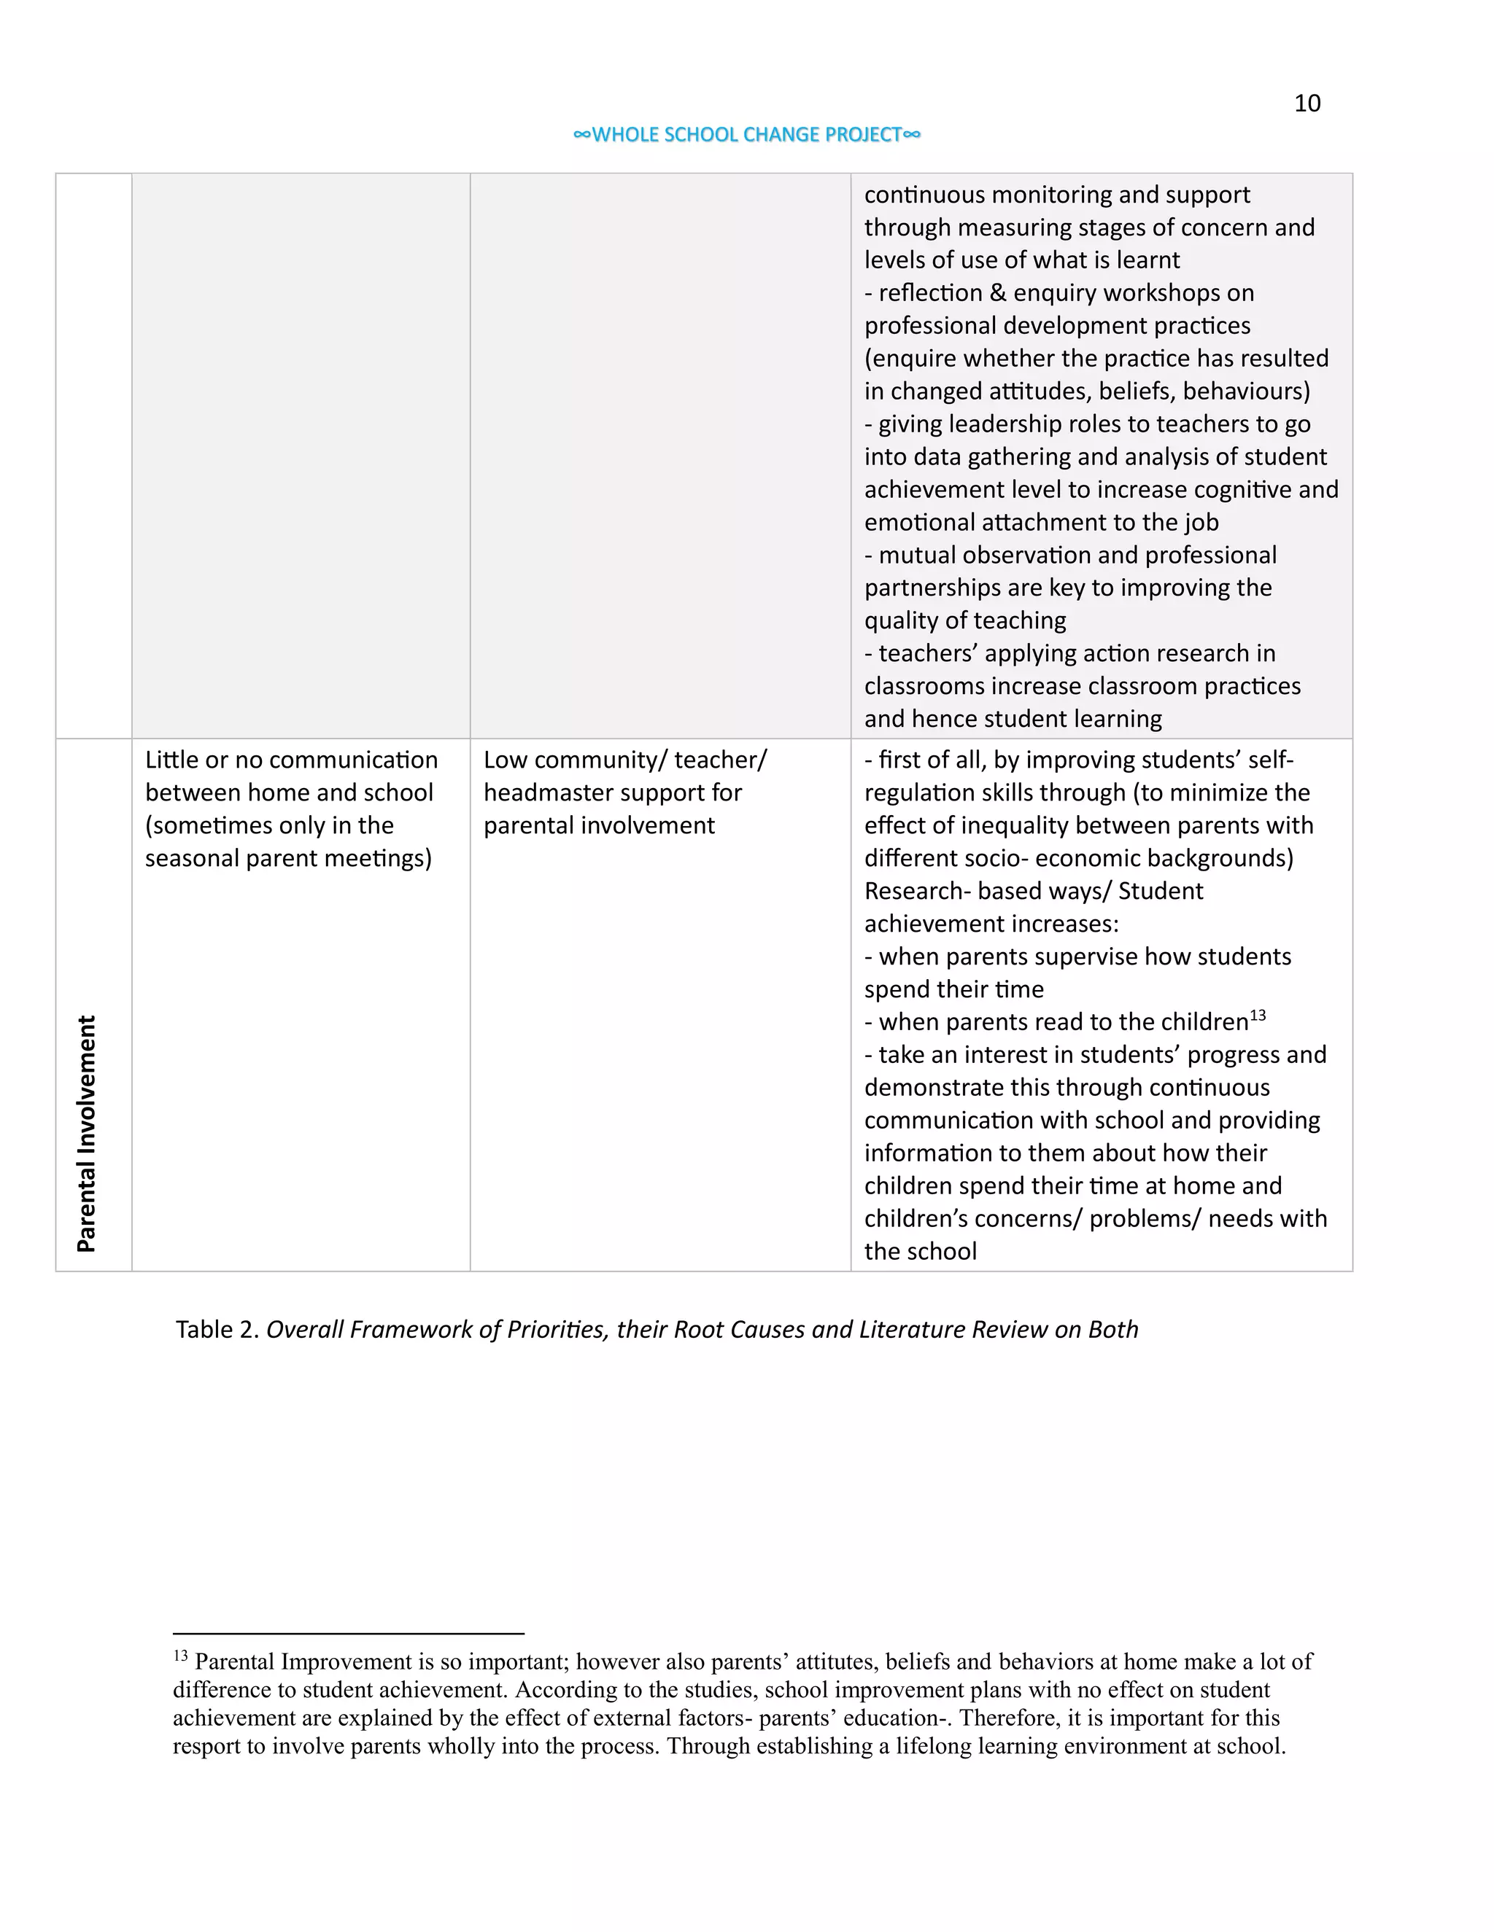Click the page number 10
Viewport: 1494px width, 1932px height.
(1307, 104)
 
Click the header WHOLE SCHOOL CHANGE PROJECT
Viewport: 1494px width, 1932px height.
(747, 134)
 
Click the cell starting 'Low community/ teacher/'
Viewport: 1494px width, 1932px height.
(625, 792)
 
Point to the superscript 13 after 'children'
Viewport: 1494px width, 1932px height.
(1257, 1016)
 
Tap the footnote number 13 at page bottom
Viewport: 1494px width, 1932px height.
(181, 1656)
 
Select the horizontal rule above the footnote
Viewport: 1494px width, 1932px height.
(348, 1634)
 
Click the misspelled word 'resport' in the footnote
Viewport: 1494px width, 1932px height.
(203, 1746)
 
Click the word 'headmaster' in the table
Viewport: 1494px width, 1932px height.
(549, 792)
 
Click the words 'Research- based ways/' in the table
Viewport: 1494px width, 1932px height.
(985, 891)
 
